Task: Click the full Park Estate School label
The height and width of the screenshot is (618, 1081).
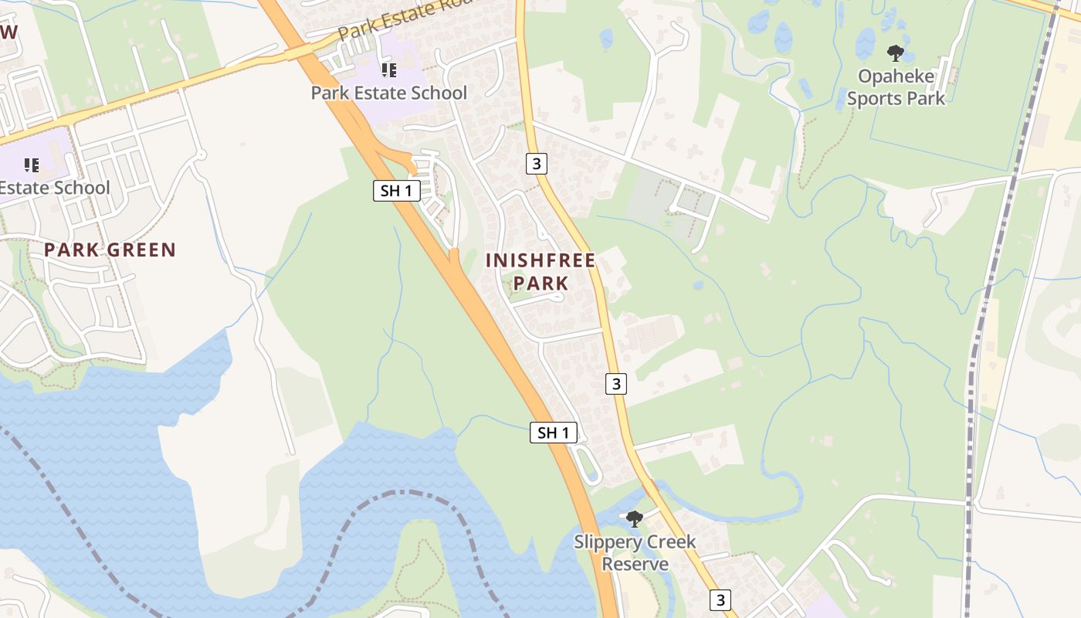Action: pos(388,93)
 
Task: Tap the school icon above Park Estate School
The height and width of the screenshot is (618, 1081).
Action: pos(388,70)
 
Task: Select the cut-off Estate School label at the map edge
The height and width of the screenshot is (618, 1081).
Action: pos(54,188)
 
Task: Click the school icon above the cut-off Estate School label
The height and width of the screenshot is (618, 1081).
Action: pos(32,165)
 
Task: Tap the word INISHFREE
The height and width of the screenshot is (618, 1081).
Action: pos(540,261)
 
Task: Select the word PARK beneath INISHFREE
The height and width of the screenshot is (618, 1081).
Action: pos(540,284)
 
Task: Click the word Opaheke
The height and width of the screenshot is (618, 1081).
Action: pos(896,77)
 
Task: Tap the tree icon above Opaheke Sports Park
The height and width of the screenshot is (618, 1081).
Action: pos(895,53)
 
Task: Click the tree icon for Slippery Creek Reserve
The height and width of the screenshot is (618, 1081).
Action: pos(634,518)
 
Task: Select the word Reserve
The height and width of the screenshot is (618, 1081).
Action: pos(635,564)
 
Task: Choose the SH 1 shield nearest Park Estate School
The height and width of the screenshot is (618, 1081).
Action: pos(396,191)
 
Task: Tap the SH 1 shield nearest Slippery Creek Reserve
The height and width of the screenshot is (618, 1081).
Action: pos(554,433)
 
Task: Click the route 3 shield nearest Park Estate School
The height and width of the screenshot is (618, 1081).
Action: pos(537,163)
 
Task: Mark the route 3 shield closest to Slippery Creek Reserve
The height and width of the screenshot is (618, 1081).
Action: pos(720,599)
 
